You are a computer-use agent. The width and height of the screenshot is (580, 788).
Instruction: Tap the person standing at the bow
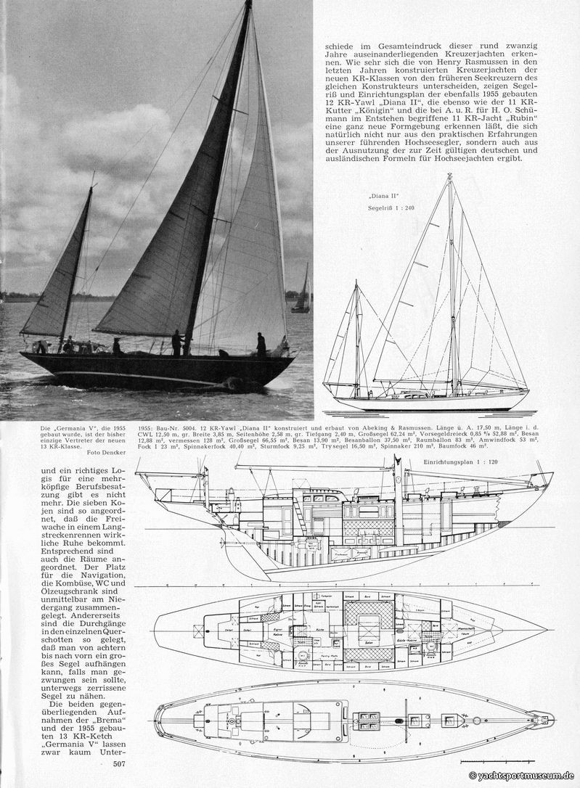[261, 344]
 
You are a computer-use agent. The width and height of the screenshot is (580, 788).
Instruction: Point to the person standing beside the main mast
[176, 342]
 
